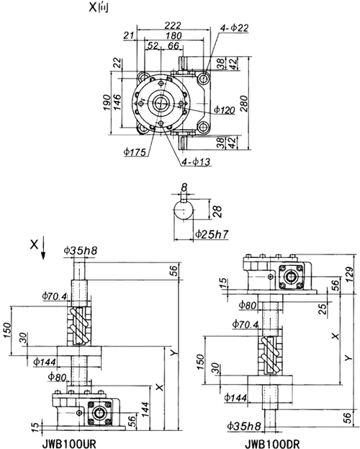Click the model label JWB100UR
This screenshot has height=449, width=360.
[68, 444]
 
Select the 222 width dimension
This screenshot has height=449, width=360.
[173, 25]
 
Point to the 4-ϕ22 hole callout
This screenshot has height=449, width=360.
[235, 28]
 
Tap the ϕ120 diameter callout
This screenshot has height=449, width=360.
[225, 110]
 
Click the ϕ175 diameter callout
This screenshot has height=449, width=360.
[135, 152]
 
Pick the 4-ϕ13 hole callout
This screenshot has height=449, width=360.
[197, 161]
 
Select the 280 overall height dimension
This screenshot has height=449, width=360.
[244, 103]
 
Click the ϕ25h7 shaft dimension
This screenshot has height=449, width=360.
[212, 234]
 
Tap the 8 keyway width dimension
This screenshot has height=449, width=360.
[184, 187]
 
